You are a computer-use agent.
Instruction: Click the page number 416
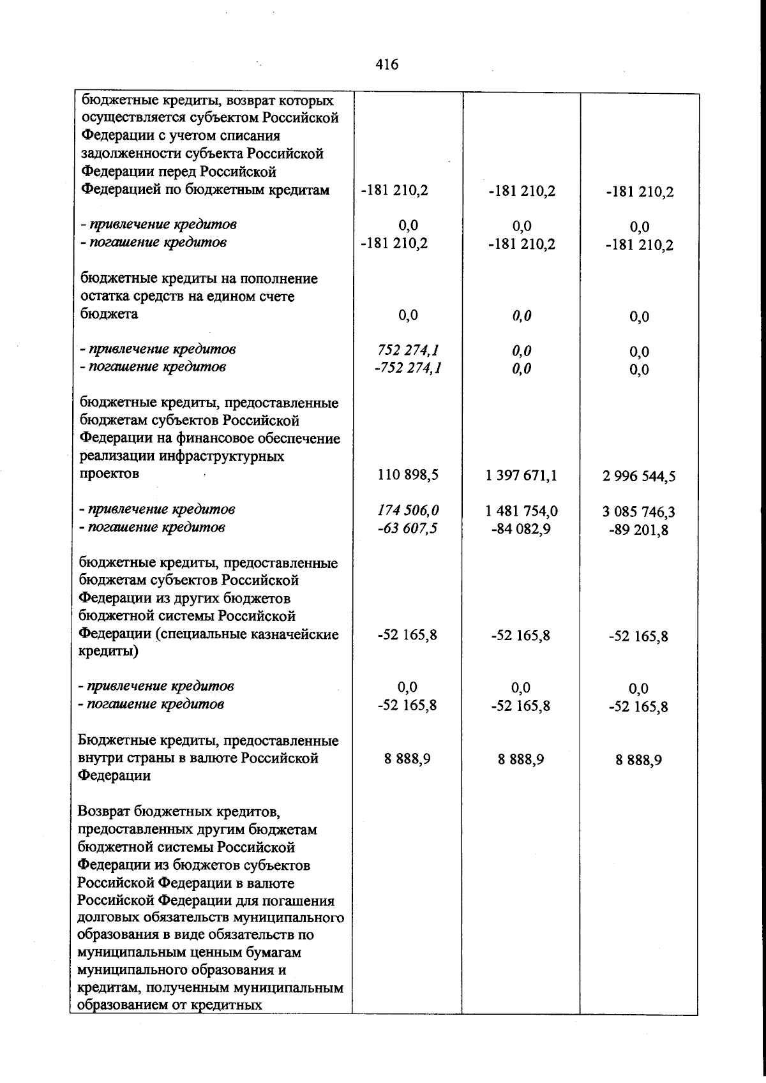pyautogui.click(x=387, y=64)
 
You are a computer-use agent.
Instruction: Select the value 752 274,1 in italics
pyautogui.click(x=407, y=350)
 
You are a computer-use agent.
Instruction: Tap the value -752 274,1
pyautogui.click(x=407, y=368)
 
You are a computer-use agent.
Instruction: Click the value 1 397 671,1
pyautogui.click(x=521, y=475)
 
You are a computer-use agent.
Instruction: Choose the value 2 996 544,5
pyautogui.click(x=638, y=476)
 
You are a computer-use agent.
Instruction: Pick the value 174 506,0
pyautogui.click(x=407, y=511)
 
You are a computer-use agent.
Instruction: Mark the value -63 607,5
pyautogui.click(x=407, y=528)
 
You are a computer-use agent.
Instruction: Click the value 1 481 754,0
pyautogui.click(x=521, y=511)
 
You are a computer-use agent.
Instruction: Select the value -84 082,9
pyautogui.click(x=521, y=529)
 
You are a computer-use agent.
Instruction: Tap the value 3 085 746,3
pyautogui.click(x=638, y=512)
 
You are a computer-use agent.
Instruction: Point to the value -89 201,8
pyautogui.click(x=638, y=530)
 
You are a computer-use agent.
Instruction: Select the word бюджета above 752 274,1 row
pyautogui.click(x=109, y=315)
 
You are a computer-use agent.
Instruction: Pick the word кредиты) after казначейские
pyautogui.click(x=107, y=652)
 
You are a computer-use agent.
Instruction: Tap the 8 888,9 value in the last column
pyautogui.click(x=638, y=760)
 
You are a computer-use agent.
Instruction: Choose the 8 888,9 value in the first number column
pyautogui.click(x=407, y=759)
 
